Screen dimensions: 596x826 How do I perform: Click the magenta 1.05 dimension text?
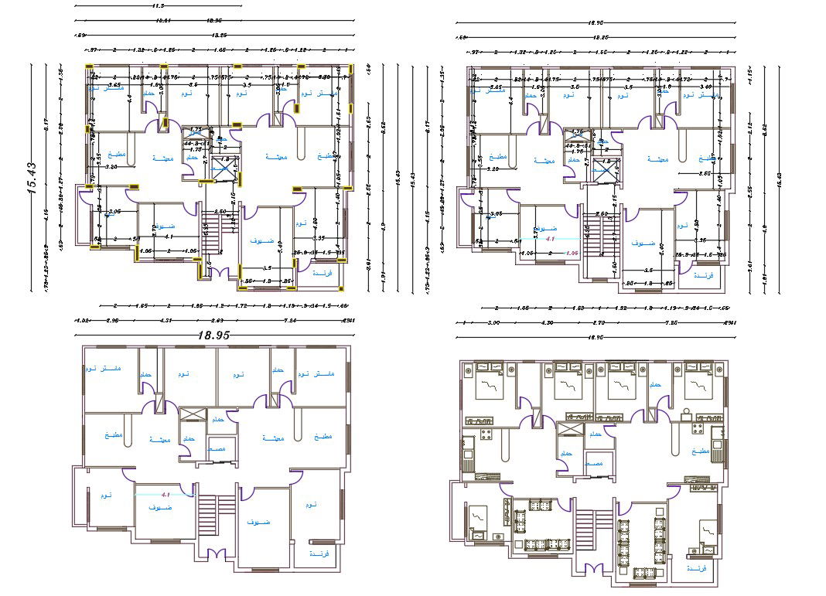pyautogui.click(x=573, y=252)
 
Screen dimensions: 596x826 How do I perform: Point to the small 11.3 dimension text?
pyautogui.click(x=159, y=5)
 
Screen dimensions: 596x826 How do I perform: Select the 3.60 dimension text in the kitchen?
pyautogui.click(x=683, y=174)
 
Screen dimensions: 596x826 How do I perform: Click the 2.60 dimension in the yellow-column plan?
pyautogui.click(x=220, y=212)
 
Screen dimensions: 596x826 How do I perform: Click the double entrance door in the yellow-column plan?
pyautogui.click(x=219, y=273)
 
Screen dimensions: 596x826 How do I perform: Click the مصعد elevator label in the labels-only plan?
pyautogui.click(x=217, y=448)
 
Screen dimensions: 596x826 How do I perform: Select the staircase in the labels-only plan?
pyautogui.click(x=206, y=514)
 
